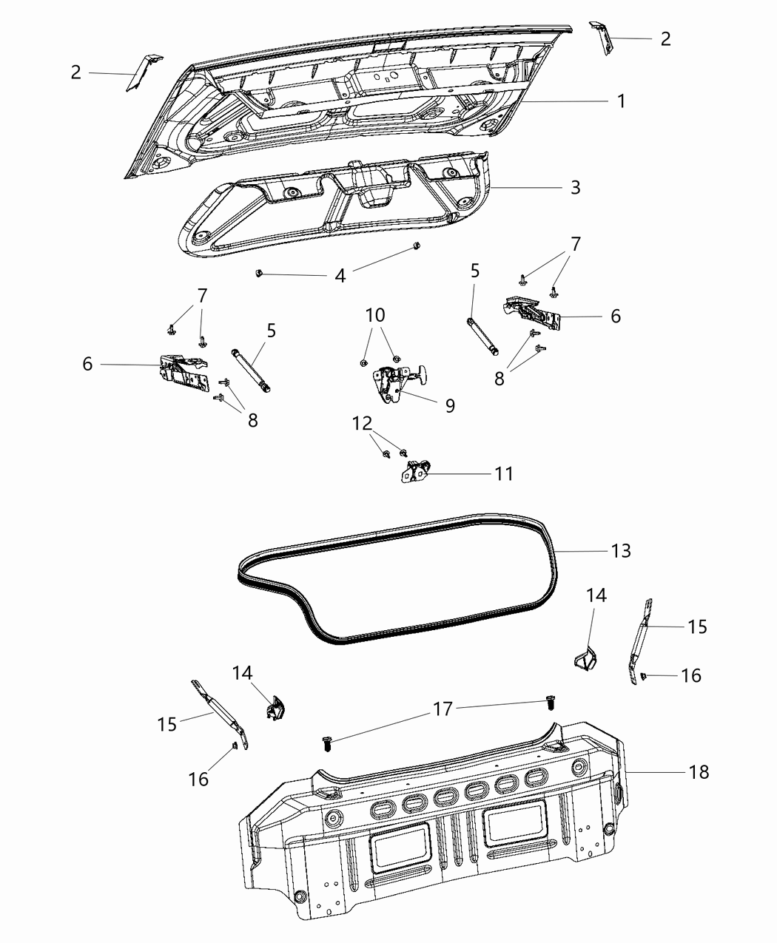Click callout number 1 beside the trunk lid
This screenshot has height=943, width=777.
(621, 101)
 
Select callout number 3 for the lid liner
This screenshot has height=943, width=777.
(575, 187)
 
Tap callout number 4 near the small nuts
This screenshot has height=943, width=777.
(340, 277)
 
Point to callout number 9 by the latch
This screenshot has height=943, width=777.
(450, 405)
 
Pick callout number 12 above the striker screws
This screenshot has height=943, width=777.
(363, 424)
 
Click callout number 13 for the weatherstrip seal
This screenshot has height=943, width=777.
(621, 550)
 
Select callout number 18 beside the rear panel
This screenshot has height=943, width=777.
(699, 772)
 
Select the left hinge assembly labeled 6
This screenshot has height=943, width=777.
(183, 371)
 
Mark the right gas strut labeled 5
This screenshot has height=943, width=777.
(482, 336)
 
